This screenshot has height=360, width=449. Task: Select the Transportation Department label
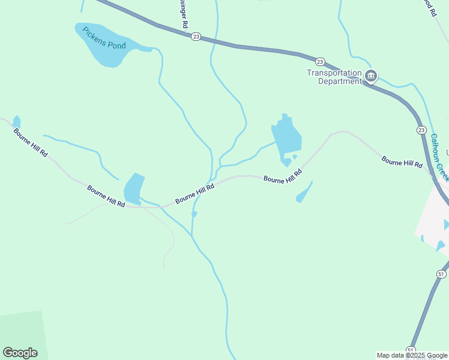coord(334,77)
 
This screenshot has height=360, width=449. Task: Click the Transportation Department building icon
coord(371,76)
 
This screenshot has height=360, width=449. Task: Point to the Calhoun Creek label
coord(439,157)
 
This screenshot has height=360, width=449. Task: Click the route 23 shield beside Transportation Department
coord(320,62)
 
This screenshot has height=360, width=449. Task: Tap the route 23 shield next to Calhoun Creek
coord(421,130)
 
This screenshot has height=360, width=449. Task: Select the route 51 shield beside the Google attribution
coord(411,350)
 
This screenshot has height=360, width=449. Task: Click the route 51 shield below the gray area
coord(441,274)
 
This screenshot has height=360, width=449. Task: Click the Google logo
coord(20,353)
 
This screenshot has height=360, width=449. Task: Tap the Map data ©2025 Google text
coord(412,355)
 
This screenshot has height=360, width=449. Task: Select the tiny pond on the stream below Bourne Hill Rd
coord(194,214)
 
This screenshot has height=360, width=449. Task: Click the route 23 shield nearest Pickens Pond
coord(196,37)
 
